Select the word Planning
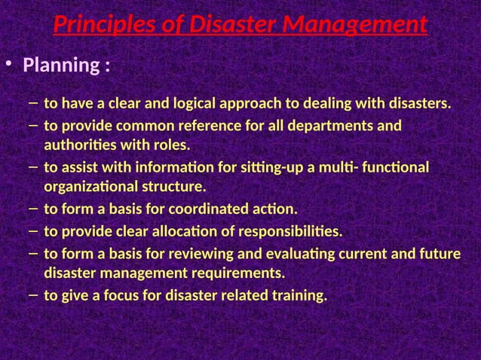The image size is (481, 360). click(x=61, y=66)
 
